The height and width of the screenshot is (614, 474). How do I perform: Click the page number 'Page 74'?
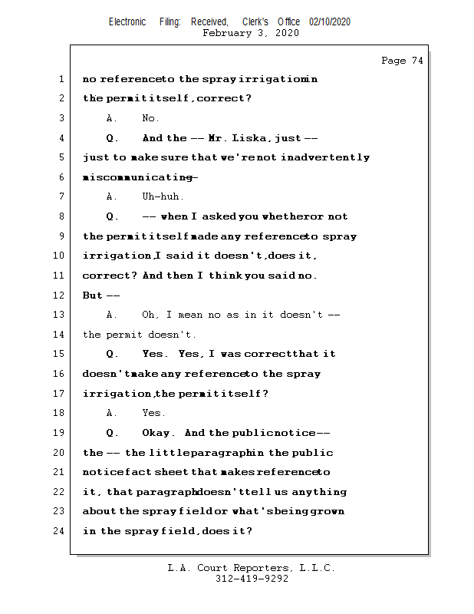402,61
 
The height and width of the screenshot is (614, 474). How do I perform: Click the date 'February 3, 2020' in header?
251,33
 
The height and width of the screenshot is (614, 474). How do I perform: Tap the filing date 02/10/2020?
330,22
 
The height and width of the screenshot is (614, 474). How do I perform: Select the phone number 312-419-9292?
252,579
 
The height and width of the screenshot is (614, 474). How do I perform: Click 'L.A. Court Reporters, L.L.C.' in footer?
252,568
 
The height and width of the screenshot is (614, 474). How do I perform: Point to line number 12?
61,295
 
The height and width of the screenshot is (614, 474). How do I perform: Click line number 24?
61,530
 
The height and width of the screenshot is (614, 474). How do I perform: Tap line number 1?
61,79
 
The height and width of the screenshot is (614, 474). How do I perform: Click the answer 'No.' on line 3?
150,118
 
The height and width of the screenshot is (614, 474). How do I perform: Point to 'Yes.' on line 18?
153,413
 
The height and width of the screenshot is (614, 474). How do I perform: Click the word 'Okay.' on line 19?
160,433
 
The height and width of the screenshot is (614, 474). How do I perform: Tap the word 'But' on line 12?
92,295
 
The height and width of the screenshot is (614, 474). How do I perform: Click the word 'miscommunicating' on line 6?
138,177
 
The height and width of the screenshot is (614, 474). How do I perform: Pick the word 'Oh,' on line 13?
152,315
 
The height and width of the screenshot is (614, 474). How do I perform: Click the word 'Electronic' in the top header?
127,22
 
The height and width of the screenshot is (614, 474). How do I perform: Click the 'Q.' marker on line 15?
112,354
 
